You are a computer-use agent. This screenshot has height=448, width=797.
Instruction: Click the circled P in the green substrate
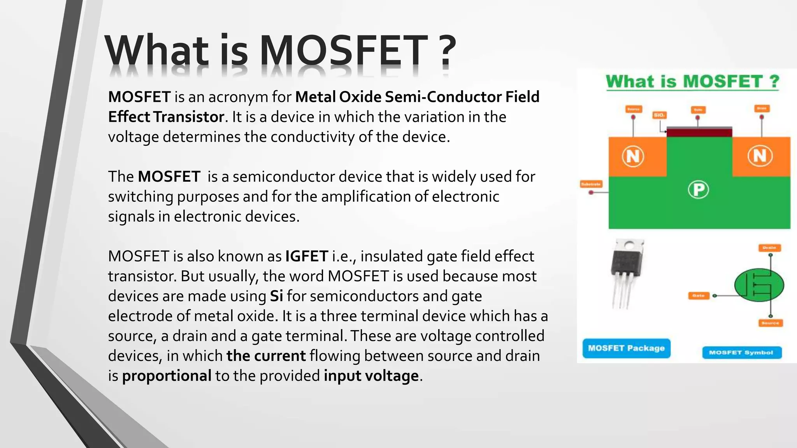point(698,190)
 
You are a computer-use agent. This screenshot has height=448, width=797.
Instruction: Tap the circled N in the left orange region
point(633,156)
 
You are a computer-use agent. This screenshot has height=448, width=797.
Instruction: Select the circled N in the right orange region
point(760,156)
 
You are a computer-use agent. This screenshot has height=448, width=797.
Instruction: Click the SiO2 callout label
point(659,115)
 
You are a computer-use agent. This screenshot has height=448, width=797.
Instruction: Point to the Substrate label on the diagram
point(591,184)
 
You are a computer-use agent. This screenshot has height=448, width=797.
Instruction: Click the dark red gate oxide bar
point(699,133)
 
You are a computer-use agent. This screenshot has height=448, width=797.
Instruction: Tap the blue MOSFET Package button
point(626,348)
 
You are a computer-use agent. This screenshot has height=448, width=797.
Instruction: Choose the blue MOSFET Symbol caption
point(741,352)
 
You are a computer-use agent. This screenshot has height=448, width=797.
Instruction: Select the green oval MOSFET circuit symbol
point(759,285)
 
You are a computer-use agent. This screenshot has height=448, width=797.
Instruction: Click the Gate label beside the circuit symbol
point(699,296)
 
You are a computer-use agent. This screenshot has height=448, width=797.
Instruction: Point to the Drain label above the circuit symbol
point(769,248)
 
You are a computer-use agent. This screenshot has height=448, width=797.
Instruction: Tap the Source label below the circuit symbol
point(770,323)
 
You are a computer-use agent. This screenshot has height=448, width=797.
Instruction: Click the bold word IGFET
point(307,256)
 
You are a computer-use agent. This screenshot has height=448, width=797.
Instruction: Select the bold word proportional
point(167,376)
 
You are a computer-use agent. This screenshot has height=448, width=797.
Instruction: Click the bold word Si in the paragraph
point(276,296)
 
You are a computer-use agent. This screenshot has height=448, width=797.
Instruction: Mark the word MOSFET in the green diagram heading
point(723,82)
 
